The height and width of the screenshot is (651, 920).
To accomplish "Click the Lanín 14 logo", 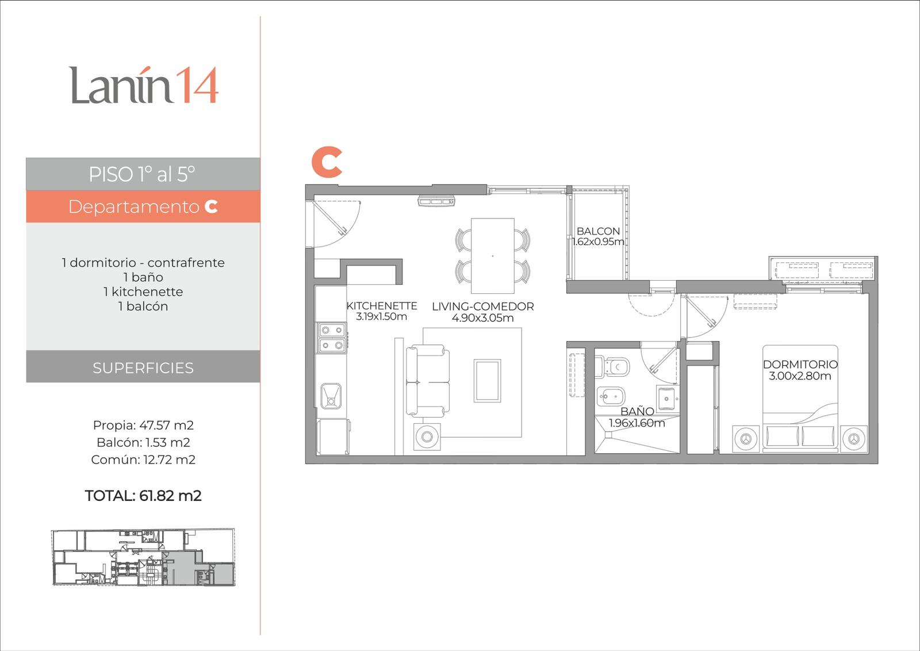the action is (143, 85).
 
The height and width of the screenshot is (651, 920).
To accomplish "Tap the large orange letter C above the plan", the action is (327, 162).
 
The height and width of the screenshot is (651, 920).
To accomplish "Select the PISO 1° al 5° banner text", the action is (142, 174).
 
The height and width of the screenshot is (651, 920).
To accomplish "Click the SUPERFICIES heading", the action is (143, 367).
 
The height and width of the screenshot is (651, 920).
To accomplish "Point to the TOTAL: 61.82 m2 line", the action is (143, 495).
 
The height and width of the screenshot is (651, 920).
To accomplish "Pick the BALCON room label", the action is (598, 231).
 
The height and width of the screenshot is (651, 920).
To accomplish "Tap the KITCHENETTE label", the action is (382, 305).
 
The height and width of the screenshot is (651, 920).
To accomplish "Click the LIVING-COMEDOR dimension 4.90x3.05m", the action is (482, 317).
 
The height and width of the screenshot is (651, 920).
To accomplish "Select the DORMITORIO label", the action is (800, 364).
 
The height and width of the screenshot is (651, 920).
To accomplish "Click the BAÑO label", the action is (637, 411).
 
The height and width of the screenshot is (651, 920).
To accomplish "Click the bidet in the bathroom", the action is (611, 396).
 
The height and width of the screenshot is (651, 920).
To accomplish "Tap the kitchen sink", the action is (331, 396).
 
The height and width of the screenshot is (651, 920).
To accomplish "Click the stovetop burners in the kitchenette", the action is (332, 338).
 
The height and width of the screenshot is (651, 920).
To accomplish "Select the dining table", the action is (492, 255).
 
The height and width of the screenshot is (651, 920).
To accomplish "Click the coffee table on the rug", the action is (487, 381).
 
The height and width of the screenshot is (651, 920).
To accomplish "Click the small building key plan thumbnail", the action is (143, 557).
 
